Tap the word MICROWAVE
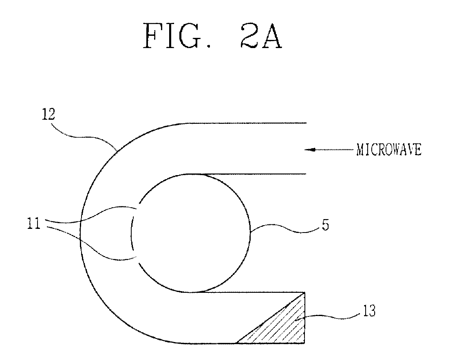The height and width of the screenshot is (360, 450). click(389, 149)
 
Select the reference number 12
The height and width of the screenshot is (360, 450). click(48, 114)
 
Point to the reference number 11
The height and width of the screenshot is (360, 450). click(33, 224)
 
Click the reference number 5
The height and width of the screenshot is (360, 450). click(325, 225)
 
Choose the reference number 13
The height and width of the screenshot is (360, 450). click(369, 311)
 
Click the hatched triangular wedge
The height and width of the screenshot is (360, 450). click(281, 327)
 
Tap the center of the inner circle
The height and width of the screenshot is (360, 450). click(191, 233)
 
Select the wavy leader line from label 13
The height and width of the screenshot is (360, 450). click(327, 316)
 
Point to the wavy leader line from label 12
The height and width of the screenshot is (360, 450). click(83, 136)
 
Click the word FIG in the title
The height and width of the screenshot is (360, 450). click(172, 36)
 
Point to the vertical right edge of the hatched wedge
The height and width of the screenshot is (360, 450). click(304, 318)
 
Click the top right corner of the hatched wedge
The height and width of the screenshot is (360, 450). click(304, 293)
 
